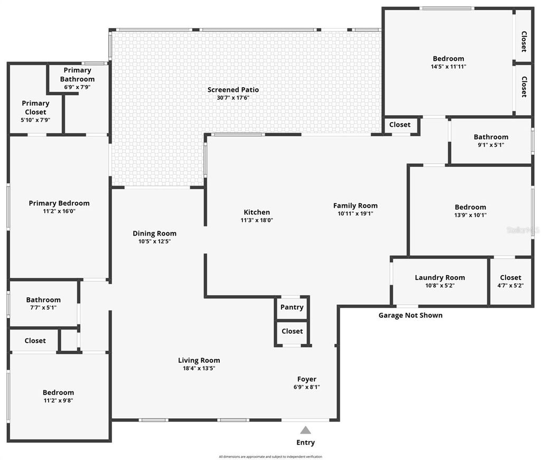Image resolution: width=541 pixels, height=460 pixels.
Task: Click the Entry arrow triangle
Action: point(305,430)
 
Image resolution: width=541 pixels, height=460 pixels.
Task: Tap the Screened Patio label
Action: point(233,90)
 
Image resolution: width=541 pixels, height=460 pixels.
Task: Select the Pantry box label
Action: point(292,307)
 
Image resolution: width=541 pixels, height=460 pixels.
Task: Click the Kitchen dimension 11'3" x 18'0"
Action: point(257,220)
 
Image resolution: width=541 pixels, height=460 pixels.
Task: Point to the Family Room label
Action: point(355,206)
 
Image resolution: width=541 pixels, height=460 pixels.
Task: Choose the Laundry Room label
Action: point(440,278)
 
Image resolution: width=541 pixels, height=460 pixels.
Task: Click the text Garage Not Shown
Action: point(411,315)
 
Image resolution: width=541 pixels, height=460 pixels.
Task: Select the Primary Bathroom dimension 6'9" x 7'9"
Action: point(78,87)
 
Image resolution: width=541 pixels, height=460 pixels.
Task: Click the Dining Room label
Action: point(154,233)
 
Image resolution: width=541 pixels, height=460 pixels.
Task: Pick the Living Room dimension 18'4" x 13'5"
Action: point(199,368)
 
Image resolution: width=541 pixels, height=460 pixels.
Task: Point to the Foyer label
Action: point(307,379)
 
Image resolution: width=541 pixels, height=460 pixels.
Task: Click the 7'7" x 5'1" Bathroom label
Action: point(43,300)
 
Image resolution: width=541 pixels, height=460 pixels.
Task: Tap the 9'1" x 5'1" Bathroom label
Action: point(491,137)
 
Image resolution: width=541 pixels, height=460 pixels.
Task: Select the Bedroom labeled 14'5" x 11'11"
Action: point(448,59)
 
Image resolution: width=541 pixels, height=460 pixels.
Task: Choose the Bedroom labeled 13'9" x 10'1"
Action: point(470,208)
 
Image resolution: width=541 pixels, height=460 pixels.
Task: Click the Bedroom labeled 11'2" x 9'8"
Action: point(58,392)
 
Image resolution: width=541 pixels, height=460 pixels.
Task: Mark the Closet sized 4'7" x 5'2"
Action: point(510,278)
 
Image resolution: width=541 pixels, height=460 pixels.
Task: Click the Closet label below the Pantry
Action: point(292,331)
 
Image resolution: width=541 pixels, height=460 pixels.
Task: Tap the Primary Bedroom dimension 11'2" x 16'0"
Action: point(59,211)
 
